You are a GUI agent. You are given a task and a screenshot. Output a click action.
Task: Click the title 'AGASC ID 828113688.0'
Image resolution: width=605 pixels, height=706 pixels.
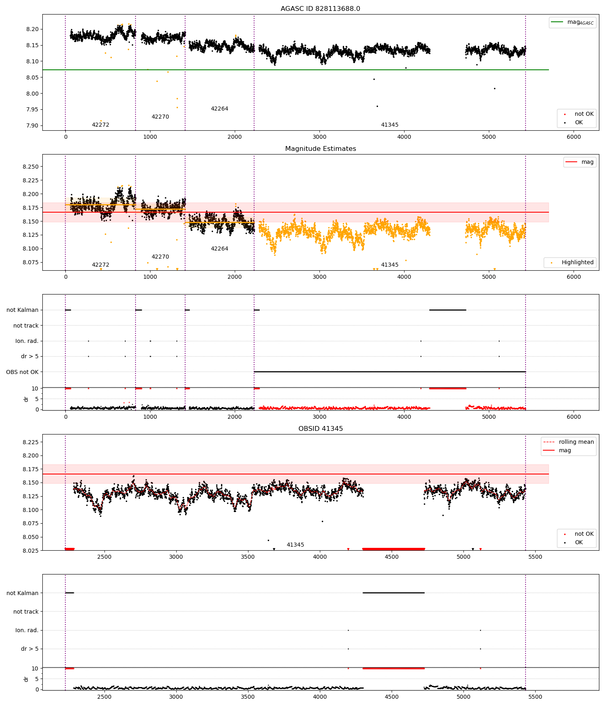(320, 9)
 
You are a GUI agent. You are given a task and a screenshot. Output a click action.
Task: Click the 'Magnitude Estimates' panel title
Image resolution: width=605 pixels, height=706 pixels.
(320, 149)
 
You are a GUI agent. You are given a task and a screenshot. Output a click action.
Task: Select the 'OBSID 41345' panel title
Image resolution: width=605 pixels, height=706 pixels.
(320, 429)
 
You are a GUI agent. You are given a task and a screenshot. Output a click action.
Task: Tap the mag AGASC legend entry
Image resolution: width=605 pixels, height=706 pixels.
(572, 22)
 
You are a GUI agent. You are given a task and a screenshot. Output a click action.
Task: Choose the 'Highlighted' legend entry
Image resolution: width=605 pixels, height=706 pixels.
(570, 263)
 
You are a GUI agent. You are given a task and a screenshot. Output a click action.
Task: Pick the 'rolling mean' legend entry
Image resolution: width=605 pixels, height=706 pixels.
(569, 442)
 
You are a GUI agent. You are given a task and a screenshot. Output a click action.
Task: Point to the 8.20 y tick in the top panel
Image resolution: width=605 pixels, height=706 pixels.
(33, 29)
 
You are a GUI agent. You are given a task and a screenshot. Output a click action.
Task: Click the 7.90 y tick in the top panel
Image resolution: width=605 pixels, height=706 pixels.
(33, 126)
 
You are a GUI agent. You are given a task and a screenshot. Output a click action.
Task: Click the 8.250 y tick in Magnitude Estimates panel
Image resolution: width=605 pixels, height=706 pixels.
(31, 167)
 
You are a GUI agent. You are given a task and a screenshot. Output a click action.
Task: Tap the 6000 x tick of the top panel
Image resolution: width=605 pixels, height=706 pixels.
(574, 137)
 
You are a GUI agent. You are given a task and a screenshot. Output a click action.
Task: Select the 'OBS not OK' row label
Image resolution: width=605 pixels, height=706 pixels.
(22, 372)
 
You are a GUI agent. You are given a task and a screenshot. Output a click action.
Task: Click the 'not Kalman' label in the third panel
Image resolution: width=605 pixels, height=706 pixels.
(23, 310)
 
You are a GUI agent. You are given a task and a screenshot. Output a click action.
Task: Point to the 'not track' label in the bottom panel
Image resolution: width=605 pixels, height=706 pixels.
(26, 612)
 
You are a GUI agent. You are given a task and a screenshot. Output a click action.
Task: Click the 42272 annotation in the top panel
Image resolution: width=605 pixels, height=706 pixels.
(100, 125)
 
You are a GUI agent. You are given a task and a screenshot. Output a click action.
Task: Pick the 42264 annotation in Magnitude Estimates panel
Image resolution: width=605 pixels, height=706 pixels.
(219, 249)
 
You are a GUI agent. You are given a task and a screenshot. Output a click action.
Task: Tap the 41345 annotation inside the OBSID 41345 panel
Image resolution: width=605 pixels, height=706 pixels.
(295, 545)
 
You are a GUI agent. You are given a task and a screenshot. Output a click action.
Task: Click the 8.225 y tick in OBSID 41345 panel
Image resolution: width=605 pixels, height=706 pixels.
(31, 443)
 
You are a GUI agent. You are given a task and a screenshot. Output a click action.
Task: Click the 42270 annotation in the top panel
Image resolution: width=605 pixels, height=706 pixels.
(160, 117)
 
